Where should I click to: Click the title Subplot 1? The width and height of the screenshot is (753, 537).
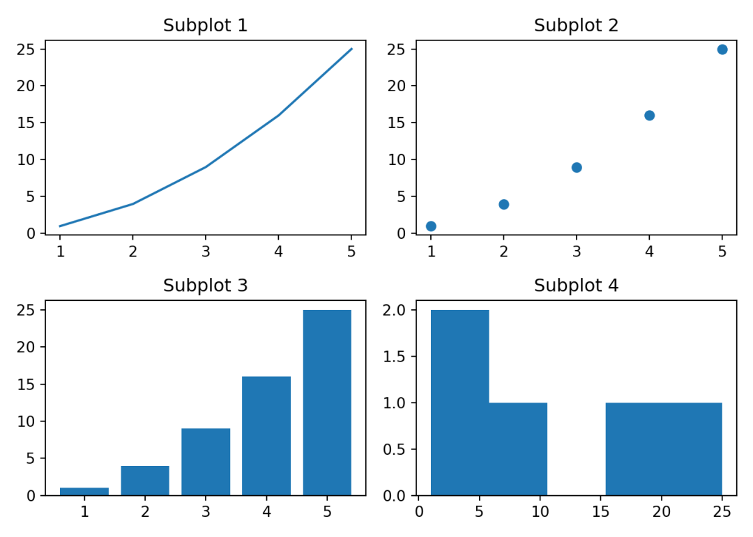tap(205, 26)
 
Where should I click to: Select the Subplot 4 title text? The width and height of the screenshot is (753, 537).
tap(576, 286)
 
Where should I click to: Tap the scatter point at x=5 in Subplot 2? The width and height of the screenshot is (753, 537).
tap(722, 49)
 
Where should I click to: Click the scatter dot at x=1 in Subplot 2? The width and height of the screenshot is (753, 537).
tap(431, 226)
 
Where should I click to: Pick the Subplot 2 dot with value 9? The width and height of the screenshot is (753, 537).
tap(577, 167)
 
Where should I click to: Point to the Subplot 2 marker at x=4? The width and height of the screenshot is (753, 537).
tap(649, 116)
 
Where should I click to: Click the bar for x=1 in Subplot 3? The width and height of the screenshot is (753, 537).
tap(84, 491)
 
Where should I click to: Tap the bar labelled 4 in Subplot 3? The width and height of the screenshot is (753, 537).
tap(266, 436)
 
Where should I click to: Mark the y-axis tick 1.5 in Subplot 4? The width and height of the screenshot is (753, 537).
tap(397, 357)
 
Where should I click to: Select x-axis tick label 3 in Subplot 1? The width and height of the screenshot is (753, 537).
tap(206, 251)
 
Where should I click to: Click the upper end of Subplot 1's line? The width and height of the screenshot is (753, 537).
tap(351, 49)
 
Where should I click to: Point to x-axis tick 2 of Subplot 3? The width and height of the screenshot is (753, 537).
tap(145, 513)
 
